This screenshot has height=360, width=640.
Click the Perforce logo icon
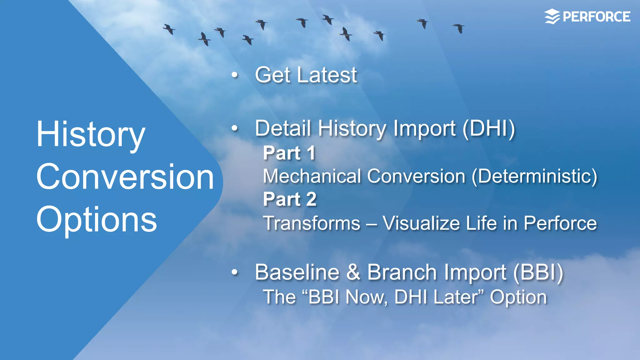pyautogui.click(x=552, y=17)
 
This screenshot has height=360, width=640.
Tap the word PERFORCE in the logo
pyautogui.click(x=596, y=17)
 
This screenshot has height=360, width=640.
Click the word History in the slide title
pyautogui.click(x=91, y=135)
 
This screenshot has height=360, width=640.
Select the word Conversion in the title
pyautogui.click(x=125, y=177)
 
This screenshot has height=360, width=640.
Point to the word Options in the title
pyautogui.click(x=96, y=220)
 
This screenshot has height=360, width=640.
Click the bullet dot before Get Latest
pyautogui.click(x=235, y=75)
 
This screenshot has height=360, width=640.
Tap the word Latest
pyautogui.click(x=327, y=75)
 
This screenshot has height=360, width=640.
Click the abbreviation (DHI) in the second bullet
pyautogui.click(x=488, y=129)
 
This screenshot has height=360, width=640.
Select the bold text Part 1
pyautogui.click(x=289, y=153)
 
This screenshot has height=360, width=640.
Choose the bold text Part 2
pyautogui.click(x=290, y=199)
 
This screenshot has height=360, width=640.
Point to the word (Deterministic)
pyautogui.click(x=534, y=176)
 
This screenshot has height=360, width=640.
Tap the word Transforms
pyautogui.click(x=312, y=223)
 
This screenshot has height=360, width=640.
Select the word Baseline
pyautogui.click(x=297, y=272)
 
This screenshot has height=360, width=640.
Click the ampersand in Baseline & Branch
pyautogui.click(x=353, y=272)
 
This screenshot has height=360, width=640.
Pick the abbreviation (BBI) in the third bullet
pyautogui.click(x=538, y=272)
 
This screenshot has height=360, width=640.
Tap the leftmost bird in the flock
pyautogui.click(x=169, y=29)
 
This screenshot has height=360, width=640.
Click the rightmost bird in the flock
pyautogui.click(x=459, y=28)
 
